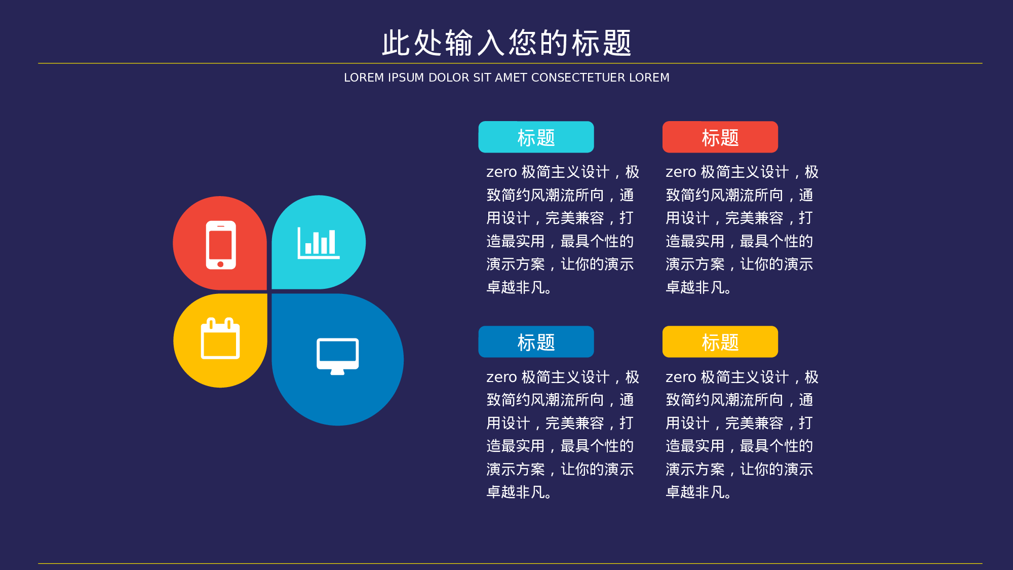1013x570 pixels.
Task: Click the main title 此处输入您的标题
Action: [506, 43]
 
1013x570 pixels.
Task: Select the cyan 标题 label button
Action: [536, 137]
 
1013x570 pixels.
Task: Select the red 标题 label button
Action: [720, 137]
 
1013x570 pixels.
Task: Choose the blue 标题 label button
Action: [536, 341]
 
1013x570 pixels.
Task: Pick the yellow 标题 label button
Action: [720, 341]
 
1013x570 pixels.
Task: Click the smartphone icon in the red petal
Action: [221, 245]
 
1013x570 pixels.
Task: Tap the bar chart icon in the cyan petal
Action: [318, 243]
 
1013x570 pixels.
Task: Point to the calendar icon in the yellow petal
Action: [220, 338]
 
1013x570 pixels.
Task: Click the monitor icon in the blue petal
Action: [337, 356]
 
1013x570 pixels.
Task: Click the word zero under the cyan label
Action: [501, 172]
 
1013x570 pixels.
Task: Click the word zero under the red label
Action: [681, 172]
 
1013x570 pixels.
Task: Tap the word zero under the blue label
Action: [501, 377]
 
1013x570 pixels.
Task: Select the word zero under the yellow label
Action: [681, 377]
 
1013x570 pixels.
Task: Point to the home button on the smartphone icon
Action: [220, 264]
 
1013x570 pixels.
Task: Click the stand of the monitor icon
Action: [337, 372]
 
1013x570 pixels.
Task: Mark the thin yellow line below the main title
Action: [510, 63]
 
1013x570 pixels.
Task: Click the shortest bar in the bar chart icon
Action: [308, 248]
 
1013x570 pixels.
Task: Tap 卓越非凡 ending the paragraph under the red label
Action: [695, 288]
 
